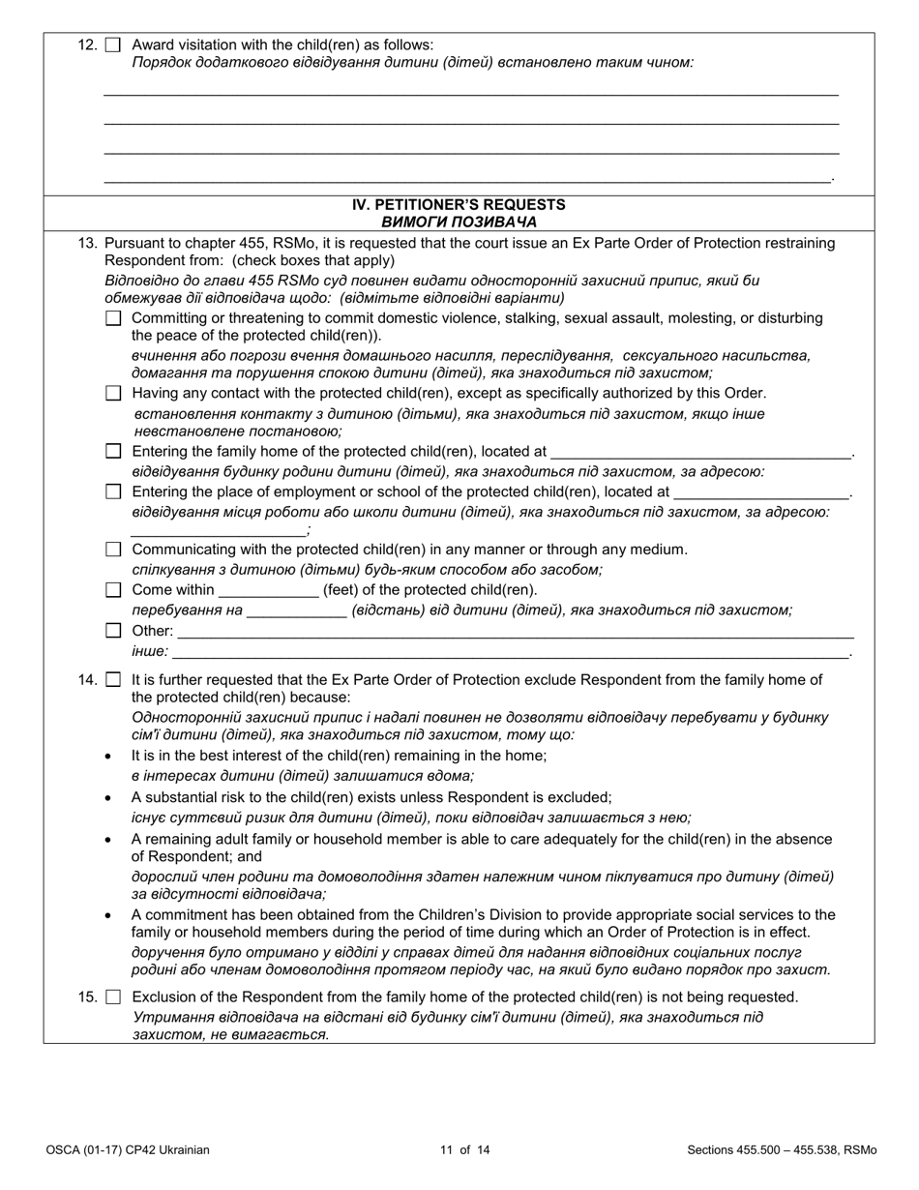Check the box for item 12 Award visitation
113,45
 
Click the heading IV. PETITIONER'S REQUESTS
459,205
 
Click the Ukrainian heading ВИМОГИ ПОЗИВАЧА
459,222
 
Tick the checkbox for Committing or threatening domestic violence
113,318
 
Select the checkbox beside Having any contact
113,393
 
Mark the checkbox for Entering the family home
113,451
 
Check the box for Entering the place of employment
113,491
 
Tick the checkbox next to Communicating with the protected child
113,550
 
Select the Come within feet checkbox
113,590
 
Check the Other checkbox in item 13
113,631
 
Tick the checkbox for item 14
113,680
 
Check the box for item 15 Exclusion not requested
113,997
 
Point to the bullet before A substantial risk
107,798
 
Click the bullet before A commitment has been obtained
107,915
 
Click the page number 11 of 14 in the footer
459,1150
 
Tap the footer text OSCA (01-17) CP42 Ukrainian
127,1150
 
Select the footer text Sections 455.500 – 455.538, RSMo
782,1150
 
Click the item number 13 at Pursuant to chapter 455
87,244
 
